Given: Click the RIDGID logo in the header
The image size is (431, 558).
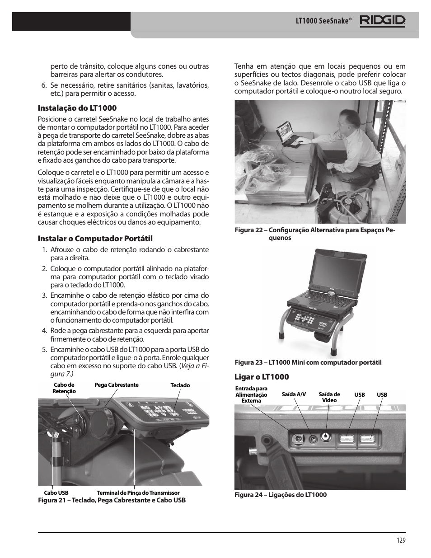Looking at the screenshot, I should coord(382,21).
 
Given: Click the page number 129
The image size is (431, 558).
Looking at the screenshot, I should coord(401,540).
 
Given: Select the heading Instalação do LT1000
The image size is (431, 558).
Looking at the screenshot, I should coord(77,108).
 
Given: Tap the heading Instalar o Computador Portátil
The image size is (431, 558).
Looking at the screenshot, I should coord(95,239).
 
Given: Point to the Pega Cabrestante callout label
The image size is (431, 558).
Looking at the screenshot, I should coord(116,385).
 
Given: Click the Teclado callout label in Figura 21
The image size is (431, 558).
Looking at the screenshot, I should coord(180,385).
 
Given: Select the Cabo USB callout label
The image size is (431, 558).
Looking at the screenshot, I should coord(56,493).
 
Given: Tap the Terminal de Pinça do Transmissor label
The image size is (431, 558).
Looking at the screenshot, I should coord(138,493).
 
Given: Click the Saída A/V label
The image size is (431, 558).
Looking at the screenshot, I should coord(294,394).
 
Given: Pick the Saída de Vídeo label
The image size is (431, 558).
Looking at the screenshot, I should coord(329,397).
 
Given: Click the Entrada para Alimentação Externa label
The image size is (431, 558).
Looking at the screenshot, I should coord(251,394).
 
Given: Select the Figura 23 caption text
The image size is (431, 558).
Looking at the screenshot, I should coord(308,362).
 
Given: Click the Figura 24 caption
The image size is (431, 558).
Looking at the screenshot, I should coord(280,495).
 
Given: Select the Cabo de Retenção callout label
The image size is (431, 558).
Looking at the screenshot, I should coord(64,388).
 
